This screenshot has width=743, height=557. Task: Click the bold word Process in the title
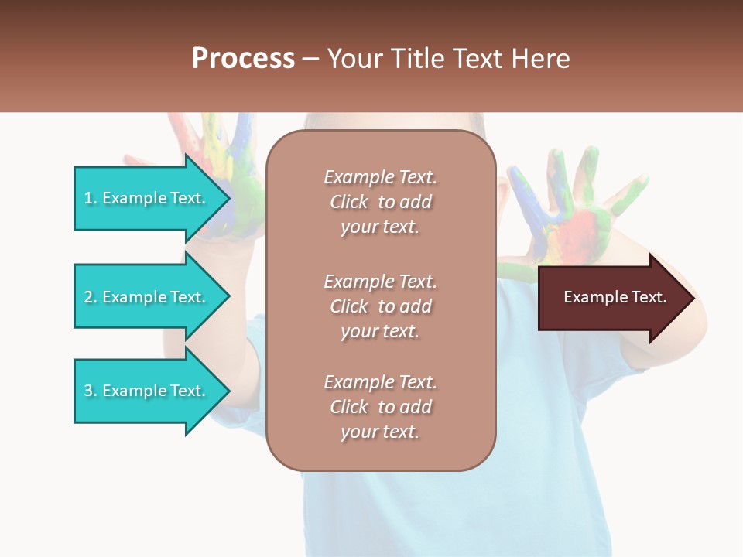pos(243,59)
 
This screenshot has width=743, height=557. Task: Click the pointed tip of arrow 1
pos(228,198)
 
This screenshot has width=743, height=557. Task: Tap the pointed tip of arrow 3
pos(228,391)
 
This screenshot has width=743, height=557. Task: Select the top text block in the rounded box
pos(380,202)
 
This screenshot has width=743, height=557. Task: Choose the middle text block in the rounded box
pos(380,306)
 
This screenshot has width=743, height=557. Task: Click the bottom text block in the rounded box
pos(380,407)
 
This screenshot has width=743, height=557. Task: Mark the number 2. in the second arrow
pos(91,297)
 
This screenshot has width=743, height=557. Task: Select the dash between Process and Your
pos(311,59)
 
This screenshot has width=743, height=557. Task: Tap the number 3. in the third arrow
pos(91,391)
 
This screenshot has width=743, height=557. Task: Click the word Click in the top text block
pos(349,202)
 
